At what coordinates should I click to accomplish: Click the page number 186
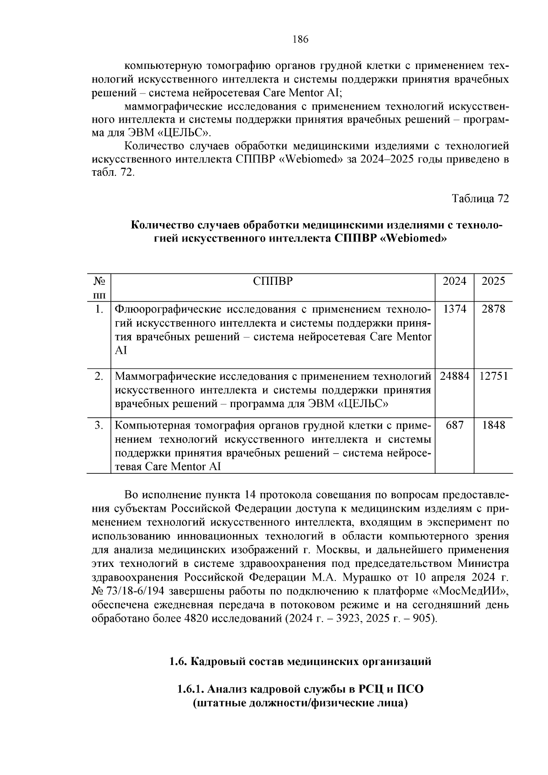pos(300,39)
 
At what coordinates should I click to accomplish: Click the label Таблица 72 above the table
pos(480,199)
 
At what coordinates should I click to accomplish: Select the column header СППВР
pos(273,281)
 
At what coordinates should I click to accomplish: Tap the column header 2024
pos(454,281)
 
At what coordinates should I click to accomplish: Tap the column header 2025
pos(493,281)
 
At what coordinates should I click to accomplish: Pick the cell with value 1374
pos(454,309)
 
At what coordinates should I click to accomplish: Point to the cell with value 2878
pos(493,309)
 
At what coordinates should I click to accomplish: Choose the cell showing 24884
pos(454,377)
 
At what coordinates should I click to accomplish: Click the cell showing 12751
pos(493,377)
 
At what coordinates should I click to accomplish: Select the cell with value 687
pos(454,425)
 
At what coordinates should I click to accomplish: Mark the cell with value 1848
pos(493,425)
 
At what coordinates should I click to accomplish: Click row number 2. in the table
pos(99,377)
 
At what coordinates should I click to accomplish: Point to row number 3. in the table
pos(99,425)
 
